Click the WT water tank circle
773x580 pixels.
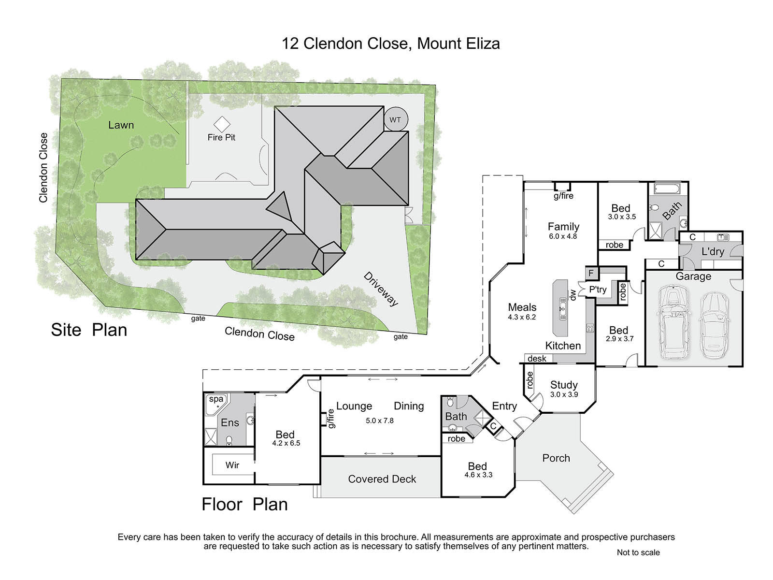[x=395, y=119]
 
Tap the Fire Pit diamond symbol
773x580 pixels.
[x=221, y=124]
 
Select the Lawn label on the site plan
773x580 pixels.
[x=121, y=125]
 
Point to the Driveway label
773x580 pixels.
[x=381, y=289]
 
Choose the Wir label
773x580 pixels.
[x=232, y=465]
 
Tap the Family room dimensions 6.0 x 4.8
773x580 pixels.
[x=563, y=236]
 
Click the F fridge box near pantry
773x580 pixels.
[x=591, y=273]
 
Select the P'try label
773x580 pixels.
[x=598, y=290]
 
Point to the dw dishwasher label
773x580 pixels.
[x=572, y=294]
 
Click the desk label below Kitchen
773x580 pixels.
[x=537, y=359]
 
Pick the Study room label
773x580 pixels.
[x=564, y=385]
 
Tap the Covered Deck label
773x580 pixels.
[x=382, y=479]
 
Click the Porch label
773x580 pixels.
[x=556, y=458]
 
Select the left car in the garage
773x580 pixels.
[x=673, y=322]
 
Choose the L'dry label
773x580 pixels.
[x=713, y=251]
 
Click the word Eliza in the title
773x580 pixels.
[x=483, y=43]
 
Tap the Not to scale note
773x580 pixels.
[x=638, y=552]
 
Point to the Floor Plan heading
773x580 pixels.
[x=245, y=504]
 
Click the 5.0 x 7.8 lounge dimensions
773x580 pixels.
[x=380, y=420]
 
